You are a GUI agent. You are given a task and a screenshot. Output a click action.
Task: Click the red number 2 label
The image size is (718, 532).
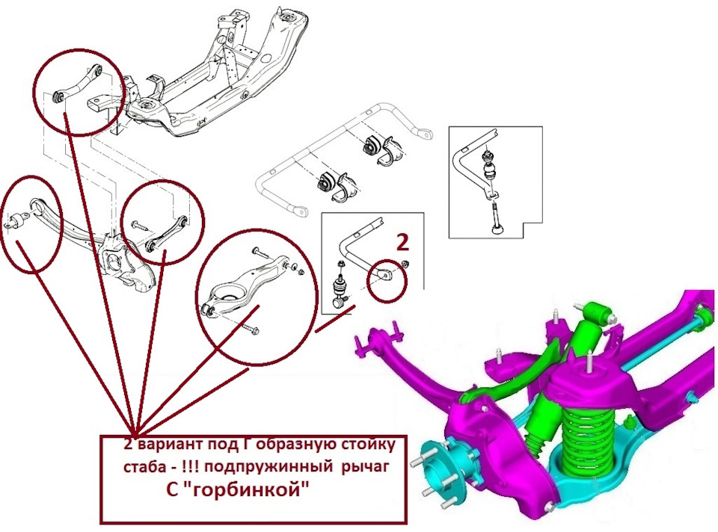click(402, 241)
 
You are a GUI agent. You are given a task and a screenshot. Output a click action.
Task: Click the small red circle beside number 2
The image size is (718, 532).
click(387, 279)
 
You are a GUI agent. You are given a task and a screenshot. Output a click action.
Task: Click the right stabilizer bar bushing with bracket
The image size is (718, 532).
click(378, 149)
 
